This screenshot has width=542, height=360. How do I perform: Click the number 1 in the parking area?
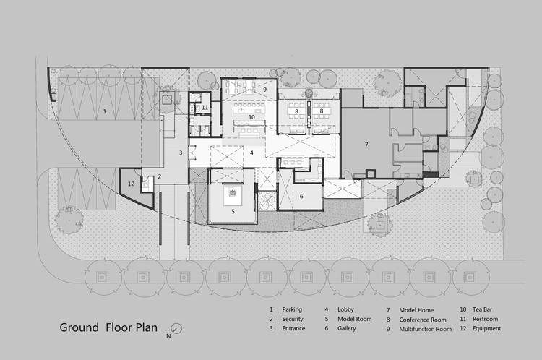tap(105, 112)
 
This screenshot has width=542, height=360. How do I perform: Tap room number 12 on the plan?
tap(131, 184)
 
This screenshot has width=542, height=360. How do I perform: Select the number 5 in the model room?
tap(233, 211)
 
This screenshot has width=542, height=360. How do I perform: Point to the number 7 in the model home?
tap(366, 145)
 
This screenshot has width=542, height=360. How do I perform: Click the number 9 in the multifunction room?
tap(264, 89)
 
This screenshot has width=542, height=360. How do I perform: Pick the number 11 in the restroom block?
tap(205, 108)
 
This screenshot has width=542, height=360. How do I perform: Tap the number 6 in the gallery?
tap(301, 197)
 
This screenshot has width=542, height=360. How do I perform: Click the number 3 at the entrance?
tap(181, 153)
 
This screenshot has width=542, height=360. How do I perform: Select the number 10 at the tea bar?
tap(251, 117)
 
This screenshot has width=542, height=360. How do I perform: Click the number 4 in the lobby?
tap(251, 153)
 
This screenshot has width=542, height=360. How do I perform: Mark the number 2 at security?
tap(160, 176)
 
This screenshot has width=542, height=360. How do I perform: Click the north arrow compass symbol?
tap(177, 328)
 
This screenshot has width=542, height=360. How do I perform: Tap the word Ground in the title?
tap(79, 327)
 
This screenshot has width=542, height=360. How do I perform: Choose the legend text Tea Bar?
tap(482, 309)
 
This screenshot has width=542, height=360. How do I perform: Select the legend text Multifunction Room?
tap(425, 329)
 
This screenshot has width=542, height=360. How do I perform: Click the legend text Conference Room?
tap(423, 320)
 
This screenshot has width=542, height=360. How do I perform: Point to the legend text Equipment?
tap(486, 328)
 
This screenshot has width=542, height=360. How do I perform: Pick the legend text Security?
tap(293, 320)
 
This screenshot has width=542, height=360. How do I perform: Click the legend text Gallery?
tap(346, 328)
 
